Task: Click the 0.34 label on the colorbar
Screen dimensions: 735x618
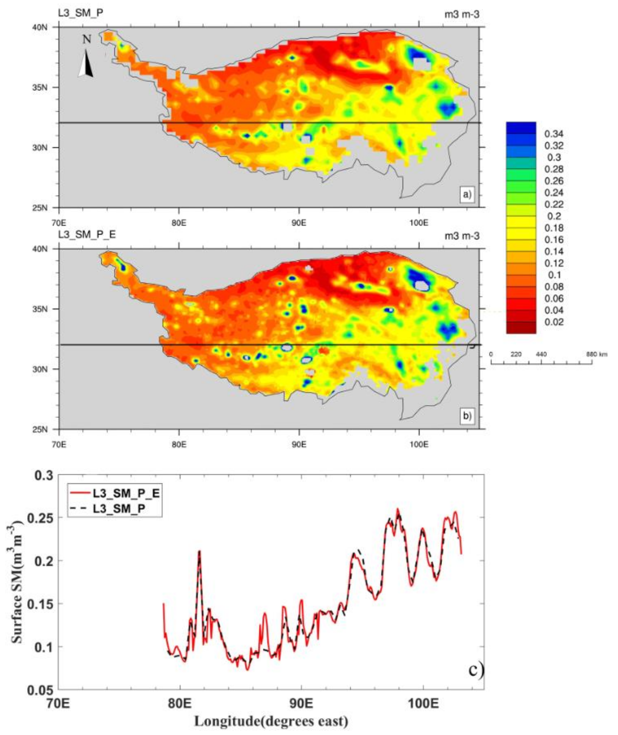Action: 553,134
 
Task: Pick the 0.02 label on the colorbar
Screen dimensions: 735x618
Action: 553,322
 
